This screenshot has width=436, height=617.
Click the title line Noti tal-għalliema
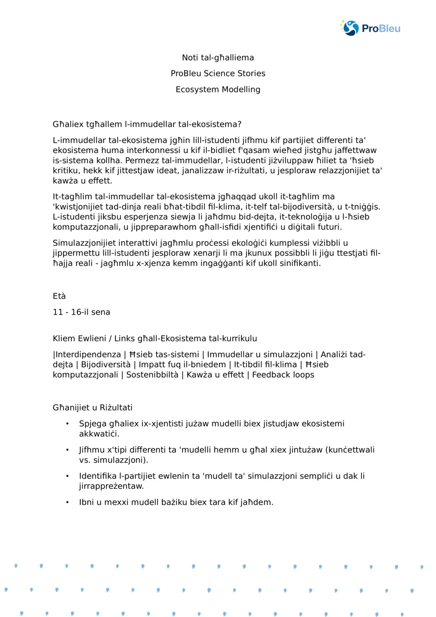coord(218,58)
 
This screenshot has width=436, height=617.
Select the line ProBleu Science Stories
coord(218,73)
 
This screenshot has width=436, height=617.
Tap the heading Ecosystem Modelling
coord(218,89)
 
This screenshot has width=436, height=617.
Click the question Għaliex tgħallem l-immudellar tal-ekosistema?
coord(147,124)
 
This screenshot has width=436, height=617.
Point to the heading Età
coord(59,296)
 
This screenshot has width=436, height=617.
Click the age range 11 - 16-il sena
coord(82,312)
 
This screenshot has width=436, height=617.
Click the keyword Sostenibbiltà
coord(152,375)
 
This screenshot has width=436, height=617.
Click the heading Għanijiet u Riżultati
coord(92,408)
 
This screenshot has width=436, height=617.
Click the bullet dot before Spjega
coord(68,424)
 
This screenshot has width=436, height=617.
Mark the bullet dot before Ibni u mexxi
coord(68,502)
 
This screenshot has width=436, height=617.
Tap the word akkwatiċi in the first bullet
coord(99,434)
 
